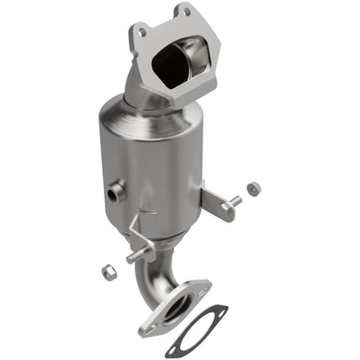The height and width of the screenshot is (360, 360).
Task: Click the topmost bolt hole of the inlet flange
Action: (x=183, y=12)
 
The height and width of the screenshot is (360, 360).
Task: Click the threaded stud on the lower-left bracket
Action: (x=132, y=257)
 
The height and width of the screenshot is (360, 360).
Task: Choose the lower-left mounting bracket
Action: (x=140, y=241)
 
